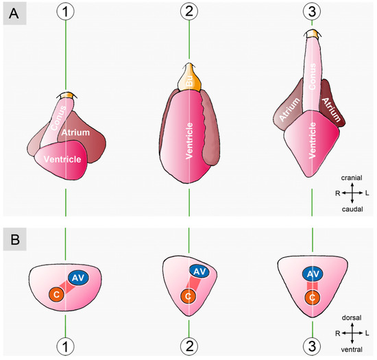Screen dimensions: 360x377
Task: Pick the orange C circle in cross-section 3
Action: tap(313, 298)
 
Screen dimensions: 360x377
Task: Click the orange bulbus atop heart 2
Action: tap(188, 73)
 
